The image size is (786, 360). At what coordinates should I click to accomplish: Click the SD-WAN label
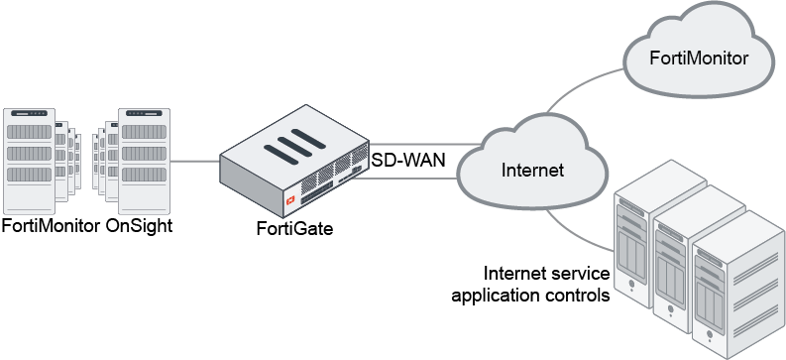408,160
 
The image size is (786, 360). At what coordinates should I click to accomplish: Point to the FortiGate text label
292,230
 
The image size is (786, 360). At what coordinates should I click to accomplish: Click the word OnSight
139,226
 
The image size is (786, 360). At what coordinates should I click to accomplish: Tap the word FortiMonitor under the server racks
51,226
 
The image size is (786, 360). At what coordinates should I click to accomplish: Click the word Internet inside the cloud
532,170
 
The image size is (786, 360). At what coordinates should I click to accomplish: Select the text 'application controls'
530,295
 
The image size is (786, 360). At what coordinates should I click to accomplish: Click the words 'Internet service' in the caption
545,274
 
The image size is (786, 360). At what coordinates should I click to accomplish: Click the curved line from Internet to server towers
585,230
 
